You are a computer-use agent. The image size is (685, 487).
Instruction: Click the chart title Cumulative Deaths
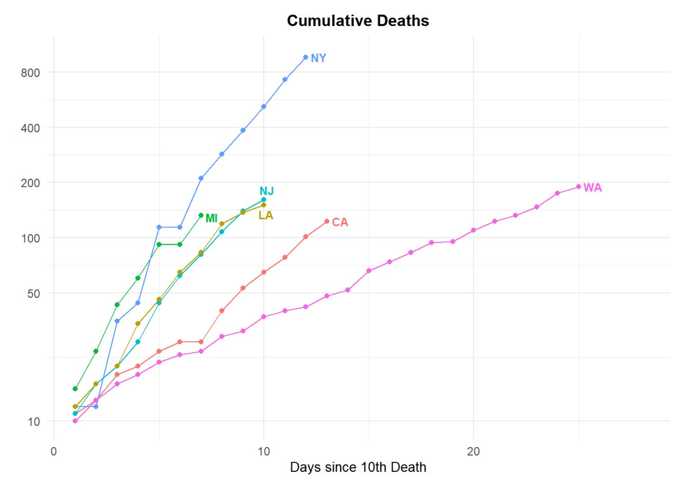pyautogui.click(x=358, y=21)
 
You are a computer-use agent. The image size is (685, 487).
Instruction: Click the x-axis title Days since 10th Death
pyautogui.click(x=358, y=467)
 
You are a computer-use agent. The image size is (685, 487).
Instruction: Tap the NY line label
pyautogui.click(x=318, y=58)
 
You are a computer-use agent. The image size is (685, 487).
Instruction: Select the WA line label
pyautogui.click(x=592, y=188)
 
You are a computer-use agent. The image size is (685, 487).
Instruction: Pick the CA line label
pyautogui.click(x=340, y=222)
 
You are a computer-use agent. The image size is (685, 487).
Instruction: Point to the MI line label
pyautogui.click(x=211, y=218)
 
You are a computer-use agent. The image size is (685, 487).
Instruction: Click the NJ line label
pyautogui.click(x=267, y=191)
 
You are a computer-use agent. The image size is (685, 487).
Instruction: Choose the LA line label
pyautogui.click(x=266, y=216)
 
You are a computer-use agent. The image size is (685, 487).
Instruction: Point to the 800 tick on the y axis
pyautogui.click(x=30, y=73)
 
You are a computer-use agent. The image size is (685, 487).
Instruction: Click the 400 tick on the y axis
pyautogui.click(x=30, y=128)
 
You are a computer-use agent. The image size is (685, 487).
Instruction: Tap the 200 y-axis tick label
pyautogui.click(x=30, y=183)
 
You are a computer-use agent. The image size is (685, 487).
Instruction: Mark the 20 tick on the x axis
pyautogui.click(x=473, y=452)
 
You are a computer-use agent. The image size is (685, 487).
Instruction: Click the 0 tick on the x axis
pyautogui.click(x=54, y=452)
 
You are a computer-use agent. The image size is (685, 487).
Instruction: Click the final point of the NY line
pyautogui.click(x=306, y=58)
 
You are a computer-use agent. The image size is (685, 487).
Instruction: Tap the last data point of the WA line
pyautogui.click(x=579, y=187)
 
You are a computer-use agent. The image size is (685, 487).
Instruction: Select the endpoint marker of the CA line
pyautogui.click(x=327, y=221)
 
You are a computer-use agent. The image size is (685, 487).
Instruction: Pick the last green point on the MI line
pyautogui.click(x=201, y=215)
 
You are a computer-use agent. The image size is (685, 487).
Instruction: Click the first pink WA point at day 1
pyautogui.click(x=75, y=421)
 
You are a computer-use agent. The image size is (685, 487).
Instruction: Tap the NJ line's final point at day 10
pyautogui.click(x=263, y=199)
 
